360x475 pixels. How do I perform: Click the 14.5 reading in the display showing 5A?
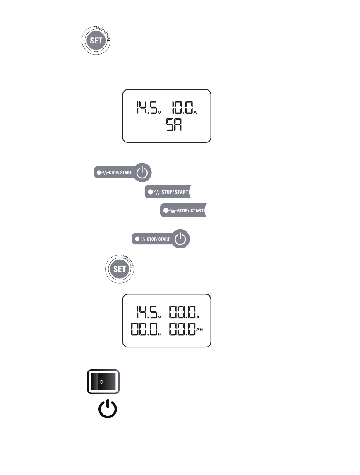146,108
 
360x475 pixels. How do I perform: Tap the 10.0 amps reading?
182,108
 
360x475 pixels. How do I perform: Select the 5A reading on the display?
174,125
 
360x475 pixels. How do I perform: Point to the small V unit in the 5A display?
160,113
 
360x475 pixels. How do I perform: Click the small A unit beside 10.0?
195,113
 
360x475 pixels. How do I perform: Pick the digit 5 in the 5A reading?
170,125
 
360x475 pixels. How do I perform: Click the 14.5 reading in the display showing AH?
146,312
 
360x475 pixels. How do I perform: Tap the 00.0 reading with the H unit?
144,329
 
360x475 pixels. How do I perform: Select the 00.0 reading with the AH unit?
182,329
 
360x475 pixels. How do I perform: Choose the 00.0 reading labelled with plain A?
182,312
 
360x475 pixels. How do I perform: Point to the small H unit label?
160,334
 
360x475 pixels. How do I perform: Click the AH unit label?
199,329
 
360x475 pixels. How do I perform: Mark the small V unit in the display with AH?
160,317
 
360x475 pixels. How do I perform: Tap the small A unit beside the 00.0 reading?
198,317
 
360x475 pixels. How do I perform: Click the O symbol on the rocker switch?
101,382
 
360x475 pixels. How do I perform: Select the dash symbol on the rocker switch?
112,382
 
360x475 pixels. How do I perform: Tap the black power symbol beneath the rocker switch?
108,409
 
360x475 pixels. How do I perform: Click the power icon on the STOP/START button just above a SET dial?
180,239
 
